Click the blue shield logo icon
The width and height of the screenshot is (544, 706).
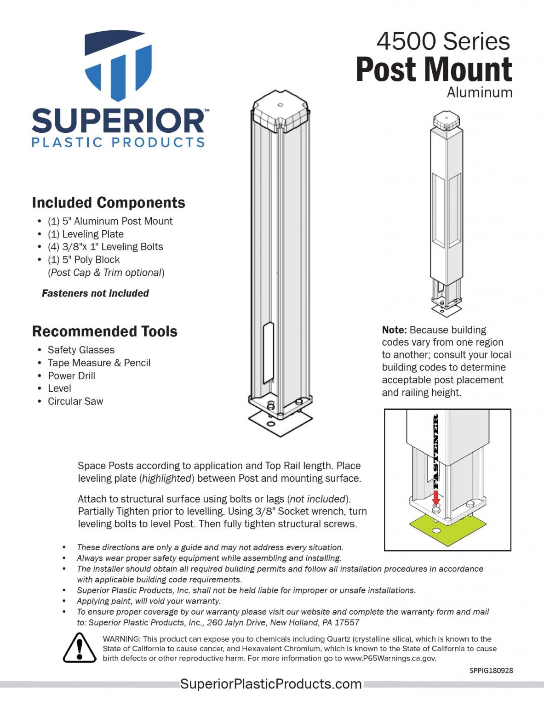(x=118, y=65)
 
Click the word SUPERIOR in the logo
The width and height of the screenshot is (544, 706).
(x=118, y=121)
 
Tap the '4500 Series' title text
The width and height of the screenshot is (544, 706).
(x=443, y=41)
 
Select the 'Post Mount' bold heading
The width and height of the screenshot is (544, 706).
(x=434, y=70)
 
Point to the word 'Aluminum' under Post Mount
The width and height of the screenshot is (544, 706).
(x=479, y=92)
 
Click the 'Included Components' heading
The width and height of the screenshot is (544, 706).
(x=109, y=203)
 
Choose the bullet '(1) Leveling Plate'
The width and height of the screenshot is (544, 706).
(x=86, y=234)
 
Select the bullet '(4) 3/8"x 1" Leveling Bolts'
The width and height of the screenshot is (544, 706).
(x=105, y=247)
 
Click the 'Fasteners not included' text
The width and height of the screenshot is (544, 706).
(x=95, y=293)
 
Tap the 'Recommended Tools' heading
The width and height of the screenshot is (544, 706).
(x=105, y=331)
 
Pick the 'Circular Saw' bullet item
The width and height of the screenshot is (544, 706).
(x=75, y=401)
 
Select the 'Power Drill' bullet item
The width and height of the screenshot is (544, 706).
(x=71, y=376)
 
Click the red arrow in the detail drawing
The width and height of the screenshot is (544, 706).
(x=436, y=497)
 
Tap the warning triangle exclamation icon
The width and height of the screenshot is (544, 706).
(x=80, y=648)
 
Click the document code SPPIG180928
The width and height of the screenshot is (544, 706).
(x=491, y=671)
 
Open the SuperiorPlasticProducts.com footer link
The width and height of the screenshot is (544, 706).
(x=271, y=684)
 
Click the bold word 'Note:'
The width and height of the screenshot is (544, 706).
(x=394, y=330)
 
